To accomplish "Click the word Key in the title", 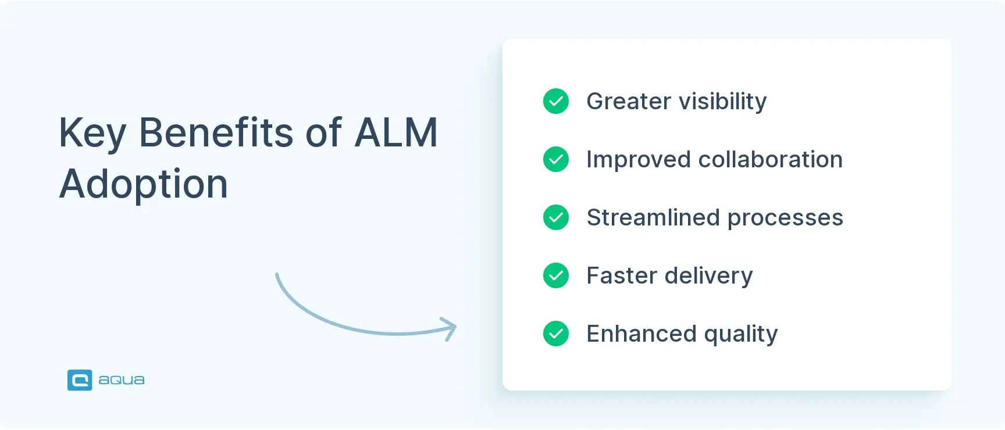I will coord(92,133).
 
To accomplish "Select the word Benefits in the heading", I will coord(216,133).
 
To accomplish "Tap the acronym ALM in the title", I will coord(395,133).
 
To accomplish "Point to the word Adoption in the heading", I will coord(143,184).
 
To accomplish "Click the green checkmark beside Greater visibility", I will coord(556,101).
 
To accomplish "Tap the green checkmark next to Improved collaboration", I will coord(556,159).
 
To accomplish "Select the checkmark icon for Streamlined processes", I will coord(556,217).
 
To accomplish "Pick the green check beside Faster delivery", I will coord(556,275).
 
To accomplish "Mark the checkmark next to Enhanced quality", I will coord(556,334).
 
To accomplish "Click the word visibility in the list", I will coord(722,102).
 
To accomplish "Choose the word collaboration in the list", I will coord(770,160).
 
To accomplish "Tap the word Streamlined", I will coord(653,218).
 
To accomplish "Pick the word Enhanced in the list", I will coord(641,334).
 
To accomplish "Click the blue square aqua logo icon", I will coord(80,380).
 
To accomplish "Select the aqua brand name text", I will coord(121,381).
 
